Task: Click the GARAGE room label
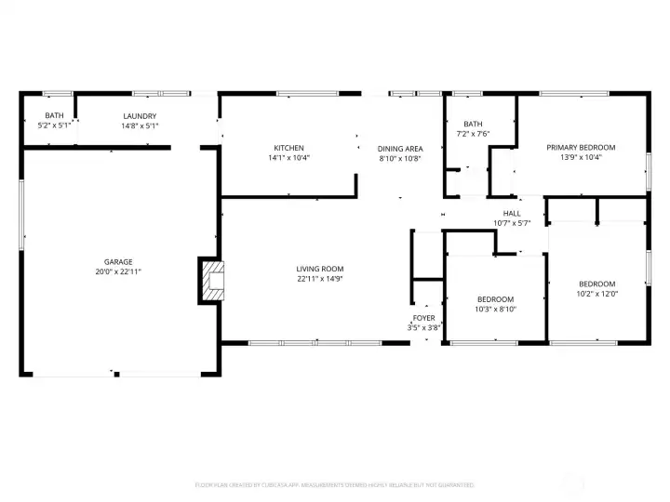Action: pos(117,261)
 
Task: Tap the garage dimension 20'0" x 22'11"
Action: pos(117,271)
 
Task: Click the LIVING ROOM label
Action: pos(320,269)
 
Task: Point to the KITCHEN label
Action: pos(288,148)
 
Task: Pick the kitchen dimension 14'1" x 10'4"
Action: pos(288,158)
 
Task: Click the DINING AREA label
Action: pos(400,148)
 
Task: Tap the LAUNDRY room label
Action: pos(139,116)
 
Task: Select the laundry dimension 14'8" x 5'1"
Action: pos(139,125)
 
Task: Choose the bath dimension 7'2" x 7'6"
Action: pos(474,133)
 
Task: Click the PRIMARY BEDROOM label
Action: pos(581,147)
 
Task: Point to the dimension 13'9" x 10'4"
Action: pos(581,157)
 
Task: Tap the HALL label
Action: pos(511,213)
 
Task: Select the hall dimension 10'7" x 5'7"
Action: pos(511,222)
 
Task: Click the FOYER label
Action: pos(423,318)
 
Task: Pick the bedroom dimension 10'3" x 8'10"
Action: pos(495,310)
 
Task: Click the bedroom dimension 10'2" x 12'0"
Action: pos(596,294)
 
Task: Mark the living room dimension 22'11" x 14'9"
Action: pos(320,279)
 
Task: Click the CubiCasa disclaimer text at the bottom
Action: pos(334,484)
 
